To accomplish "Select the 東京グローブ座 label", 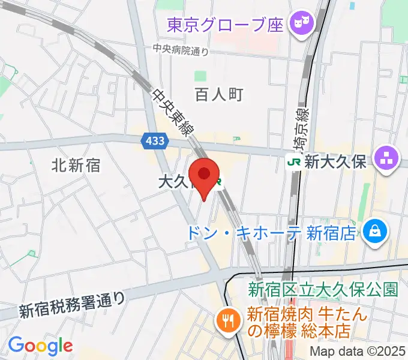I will point(225,25).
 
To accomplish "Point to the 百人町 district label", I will point(219,94).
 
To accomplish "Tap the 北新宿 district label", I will point(76,164).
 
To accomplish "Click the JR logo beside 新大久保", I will point(294,161).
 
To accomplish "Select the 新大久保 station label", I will point(335,161).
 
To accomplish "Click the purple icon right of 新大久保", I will point(385,159).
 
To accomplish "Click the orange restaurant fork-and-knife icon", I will point(228,320).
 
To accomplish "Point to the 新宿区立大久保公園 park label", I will point(323,290).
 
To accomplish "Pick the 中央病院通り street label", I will point(181,51).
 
